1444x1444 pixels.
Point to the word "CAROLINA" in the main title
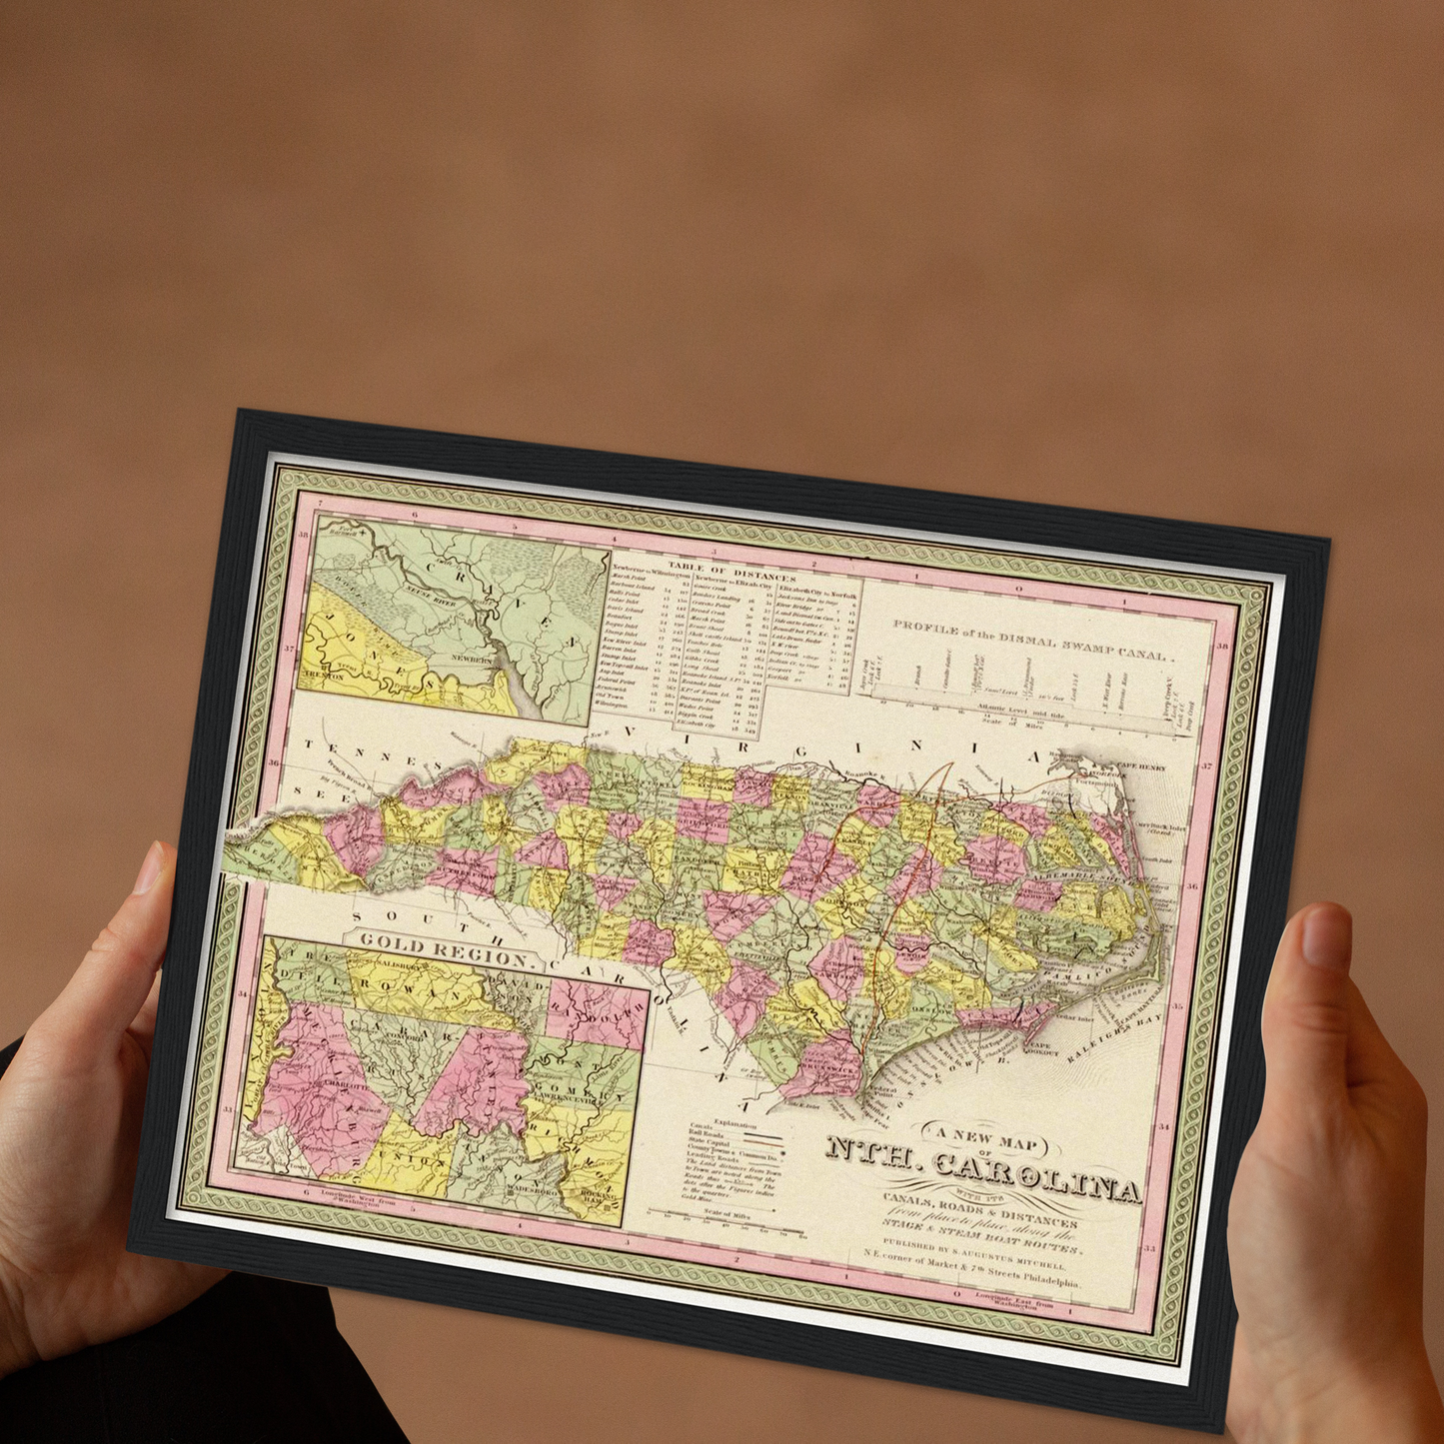1036,1173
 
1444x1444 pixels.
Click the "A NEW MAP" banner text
984,1135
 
